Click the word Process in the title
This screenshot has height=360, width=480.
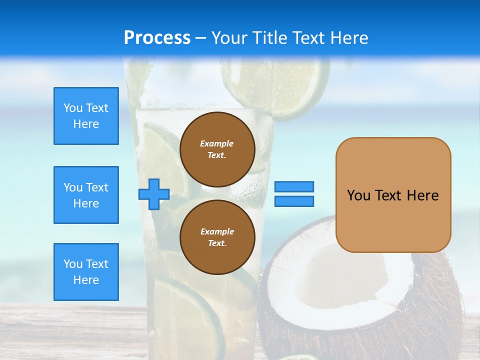click(x=157, y=38)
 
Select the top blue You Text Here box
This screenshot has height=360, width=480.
click(x=86, y=116)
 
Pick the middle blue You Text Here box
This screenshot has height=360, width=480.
click(x=86, y=195)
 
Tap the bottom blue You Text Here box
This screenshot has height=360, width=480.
click(x=86, y=272)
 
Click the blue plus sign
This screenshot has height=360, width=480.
click(x=154, y=194)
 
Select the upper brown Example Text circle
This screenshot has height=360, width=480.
click(x=217, y=149)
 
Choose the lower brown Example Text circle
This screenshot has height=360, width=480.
click(x=217, y=237)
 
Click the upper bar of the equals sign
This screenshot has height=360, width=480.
click(x=294, y=186)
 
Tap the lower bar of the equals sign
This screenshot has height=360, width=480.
click(x=294, y=201)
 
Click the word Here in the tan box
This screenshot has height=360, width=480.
click(x=422, y=195)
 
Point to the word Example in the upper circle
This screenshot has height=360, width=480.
click(x=217, y=144)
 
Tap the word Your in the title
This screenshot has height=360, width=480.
click(x=230, y=38)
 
